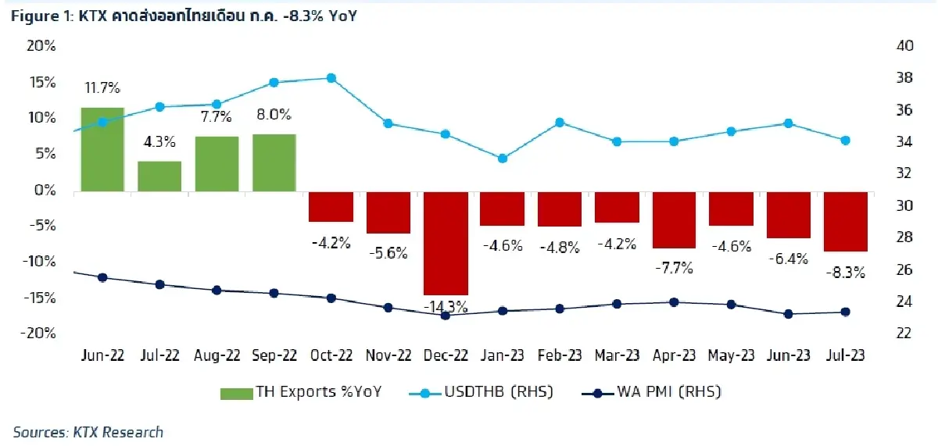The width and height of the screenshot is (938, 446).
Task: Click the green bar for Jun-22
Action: [102, 149]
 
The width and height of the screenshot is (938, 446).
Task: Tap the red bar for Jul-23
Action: [846, 222]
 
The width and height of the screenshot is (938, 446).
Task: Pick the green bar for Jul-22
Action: [159, 177]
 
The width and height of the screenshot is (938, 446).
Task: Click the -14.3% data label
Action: [446, 306]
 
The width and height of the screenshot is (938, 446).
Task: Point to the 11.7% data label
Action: [102, 88]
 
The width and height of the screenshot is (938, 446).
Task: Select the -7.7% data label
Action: [674, 268]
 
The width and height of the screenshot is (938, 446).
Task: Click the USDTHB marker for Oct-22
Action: [331, 78]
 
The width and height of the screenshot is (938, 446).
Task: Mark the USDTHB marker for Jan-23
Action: [503, 159]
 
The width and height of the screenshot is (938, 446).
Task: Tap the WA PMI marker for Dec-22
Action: [446, 316]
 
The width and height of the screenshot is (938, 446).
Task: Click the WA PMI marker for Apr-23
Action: [674, 302]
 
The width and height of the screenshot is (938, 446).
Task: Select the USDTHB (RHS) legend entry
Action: [482, 392]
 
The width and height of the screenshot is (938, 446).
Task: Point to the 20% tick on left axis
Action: [41, 46]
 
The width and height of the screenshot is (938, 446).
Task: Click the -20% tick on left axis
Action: [39, 334]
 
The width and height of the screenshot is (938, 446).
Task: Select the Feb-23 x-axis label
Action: [560, 355]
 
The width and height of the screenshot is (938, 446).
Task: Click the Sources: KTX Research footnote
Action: [88, 432]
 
